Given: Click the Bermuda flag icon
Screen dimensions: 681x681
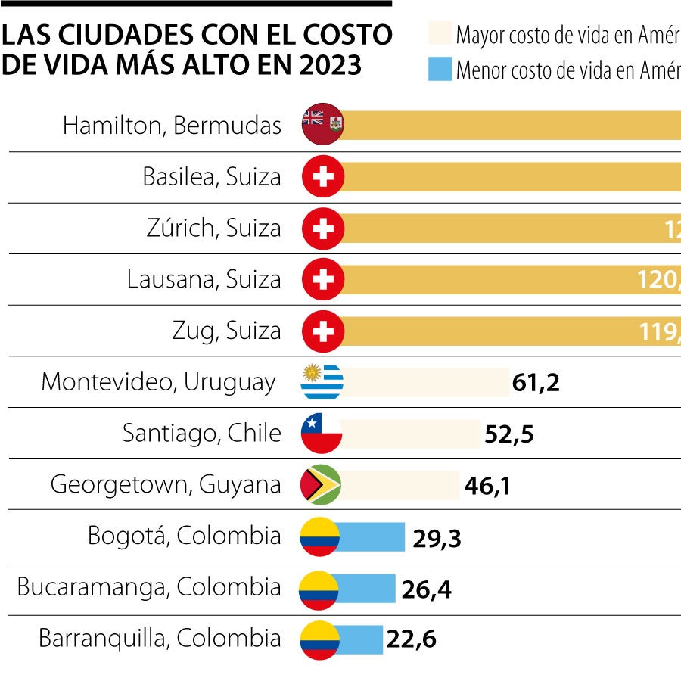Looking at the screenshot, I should click(x=323, y=124).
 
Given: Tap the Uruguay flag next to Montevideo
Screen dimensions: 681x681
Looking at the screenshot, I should click(x=322, y=382).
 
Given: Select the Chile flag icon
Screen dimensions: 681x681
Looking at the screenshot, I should click(x=322, y=434).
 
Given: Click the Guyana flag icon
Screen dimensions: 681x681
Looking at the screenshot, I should click(x=322, y=485).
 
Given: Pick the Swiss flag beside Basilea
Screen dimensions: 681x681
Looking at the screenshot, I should click(x=323, y=177).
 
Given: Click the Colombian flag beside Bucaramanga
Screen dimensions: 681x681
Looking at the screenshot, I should click(x=319, y=589).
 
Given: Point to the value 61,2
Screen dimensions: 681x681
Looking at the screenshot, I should click(x=536, y=383).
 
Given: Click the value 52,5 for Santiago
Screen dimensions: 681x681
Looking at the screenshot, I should click(x=508, y=435).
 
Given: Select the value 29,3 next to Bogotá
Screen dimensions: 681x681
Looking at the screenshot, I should click(x=437, y=538).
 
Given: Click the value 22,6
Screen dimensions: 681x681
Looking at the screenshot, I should click(x=411, y=640).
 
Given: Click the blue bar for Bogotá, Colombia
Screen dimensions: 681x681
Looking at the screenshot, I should click(x=371, y=536).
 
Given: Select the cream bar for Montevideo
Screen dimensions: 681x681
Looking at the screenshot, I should click(x=428, y=382).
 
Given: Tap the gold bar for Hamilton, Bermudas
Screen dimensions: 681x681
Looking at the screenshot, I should click(x=515, y=125).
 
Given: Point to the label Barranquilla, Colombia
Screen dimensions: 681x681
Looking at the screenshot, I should click(x=160, y=638).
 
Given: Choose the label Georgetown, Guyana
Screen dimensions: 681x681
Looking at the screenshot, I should click(x=166, y=484).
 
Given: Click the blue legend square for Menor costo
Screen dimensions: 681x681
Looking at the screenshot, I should click(x=440, y=70).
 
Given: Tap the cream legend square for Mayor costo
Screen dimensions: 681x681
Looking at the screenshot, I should click(x=440, y=34).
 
